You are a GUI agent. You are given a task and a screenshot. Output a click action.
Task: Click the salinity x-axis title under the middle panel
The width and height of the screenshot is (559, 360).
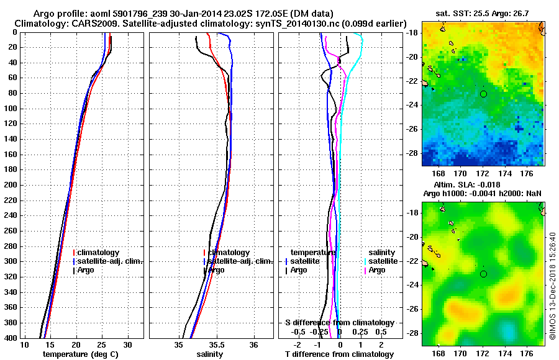pyautogui.click(x=210, y=354)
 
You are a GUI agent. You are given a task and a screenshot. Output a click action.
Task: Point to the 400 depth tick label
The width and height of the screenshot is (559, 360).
pyautogui.click(x=11, y=338)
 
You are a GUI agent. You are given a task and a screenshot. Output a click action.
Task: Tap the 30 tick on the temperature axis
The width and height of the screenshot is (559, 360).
pyautogui.click(x=127, y=344)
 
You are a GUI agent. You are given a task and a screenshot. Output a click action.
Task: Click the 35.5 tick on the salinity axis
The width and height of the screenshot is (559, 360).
pyautogui.click(x=216, y=344)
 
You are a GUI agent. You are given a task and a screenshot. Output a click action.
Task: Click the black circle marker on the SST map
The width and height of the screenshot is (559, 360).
pyautogui.click(x=483, y=94)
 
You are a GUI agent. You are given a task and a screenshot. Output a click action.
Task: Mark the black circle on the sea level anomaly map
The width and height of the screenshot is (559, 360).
pyautogui.click(x=483, y=274)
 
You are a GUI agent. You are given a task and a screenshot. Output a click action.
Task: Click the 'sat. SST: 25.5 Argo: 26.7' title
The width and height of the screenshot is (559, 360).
pyautogui.click(x=483, y=13)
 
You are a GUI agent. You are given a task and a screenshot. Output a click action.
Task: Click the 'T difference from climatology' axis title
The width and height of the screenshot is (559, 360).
pyautogui.click(x=339, y=354)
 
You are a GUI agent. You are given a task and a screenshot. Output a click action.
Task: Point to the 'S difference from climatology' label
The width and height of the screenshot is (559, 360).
pyautogui.click(x=339, y=323)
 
